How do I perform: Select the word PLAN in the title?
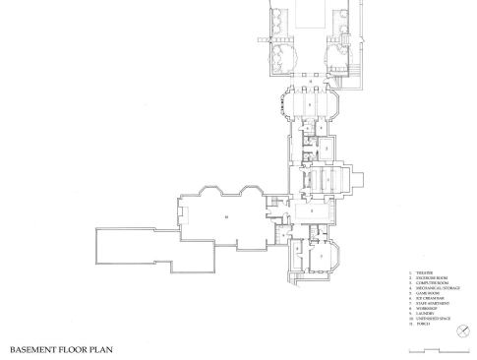[107, 349]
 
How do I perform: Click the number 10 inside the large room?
[226, 214]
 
